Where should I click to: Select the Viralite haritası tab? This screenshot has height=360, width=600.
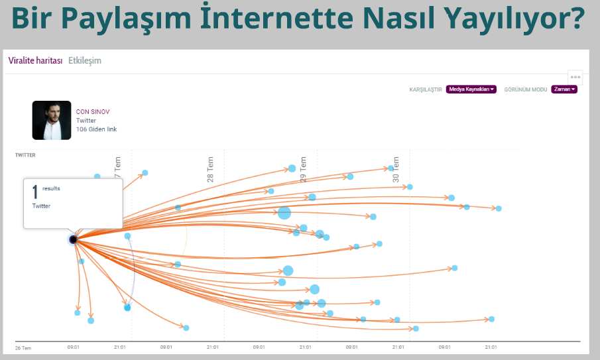coord(35,60)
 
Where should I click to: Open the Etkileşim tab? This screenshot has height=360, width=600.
coord(85,60)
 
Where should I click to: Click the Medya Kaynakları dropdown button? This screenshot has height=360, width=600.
coord(471,89)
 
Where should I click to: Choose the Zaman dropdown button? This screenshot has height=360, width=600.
coord(564,89)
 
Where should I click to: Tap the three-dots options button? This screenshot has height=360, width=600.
coord(575,78)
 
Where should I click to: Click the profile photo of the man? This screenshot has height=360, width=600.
coord(52,120)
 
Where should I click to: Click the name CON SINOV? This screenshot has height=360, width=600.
coord(93,111)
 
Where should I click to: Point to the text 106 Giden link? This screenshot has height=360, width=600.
coord(96,129)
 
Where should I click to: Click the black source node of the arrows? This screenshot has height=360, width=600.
coord(73,239)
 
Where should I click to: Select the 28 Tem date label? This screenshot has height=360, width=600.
coord(210,169)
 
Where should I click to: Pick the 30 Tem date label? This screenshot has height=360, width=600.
coord(396,169)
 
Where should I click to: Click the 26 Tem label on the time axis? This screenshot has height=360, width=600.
coord(23,348)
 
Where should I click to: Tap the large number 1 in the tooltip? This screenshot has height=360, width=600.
coord(35,192)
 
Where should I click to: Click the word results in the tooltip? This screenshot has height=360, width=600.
coord(51,188)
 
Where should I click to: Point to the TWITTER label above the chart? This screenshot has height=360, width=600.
coord(25,155)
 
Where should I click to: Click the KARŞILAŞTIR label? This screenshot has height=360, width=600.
coord(426,90)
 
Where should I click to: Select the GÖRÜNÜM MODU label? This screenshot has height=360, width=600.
coord(525,90)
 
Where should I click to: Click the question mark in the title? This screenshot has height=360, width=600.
coord(576,18)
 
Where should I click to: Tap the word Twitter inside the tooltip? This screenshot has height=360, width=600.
coord(41,206)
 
